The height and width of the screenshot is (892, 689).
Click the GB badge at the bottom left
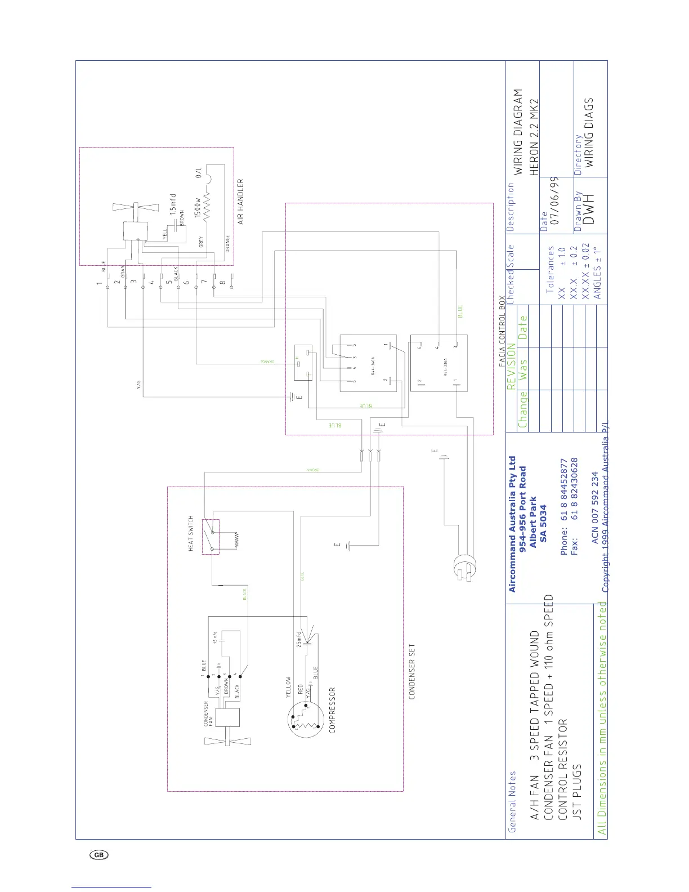99,855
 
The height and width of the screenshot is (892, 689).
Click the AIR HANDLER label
241,202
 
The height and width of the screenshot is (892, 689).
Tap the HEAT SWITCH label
191,533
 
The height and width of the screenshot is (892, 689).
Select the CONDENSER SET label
412,672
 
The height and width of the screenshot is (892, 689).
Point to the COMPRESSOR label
332,710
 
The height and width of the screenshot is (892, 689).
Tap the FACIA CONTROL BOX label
502,332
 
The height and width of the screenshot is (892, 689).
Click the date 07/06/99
554,201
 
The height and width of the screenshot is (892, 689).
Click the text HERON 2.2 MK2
535,137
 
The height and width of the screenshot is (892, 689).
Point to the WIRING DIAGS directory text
589,133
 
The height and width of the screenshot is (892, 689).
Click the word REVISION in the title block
511,367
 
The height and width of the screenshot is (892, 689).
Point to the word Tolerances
551,270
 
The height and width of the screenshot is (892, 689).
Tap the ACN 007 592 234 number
594,508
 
